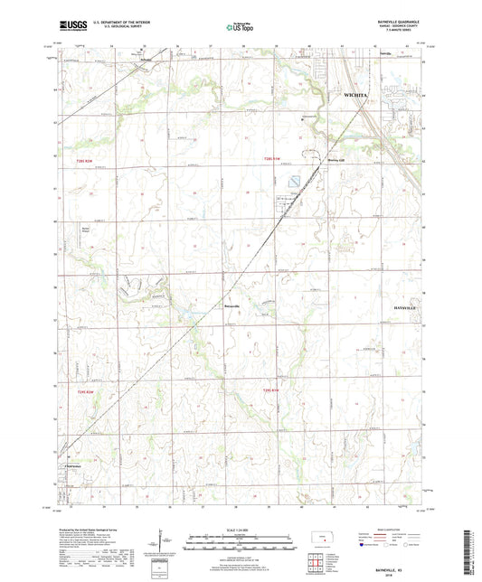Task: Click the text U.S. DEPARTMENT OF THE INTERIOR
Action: (x=114, y=20)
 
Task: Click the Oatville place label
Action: (x=387, y=53)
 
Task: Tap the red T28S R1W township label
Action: (x=274, y=158)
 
